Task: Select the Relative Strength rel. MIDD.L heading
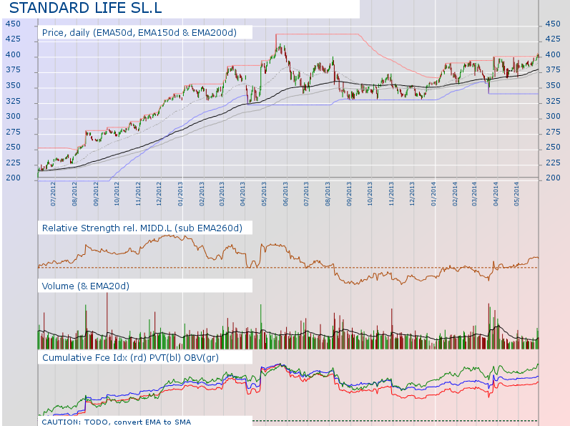[142, 228]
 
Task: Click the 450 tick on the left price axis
[13, 24]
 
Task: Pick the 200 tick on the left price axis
[13, 178]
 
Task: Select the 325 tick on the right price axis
[552, 100]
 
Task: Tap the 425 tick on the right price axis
[552, 39]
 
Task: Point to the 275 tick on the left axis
[13, 132]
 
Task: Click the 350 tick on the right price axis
[552, 85]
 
